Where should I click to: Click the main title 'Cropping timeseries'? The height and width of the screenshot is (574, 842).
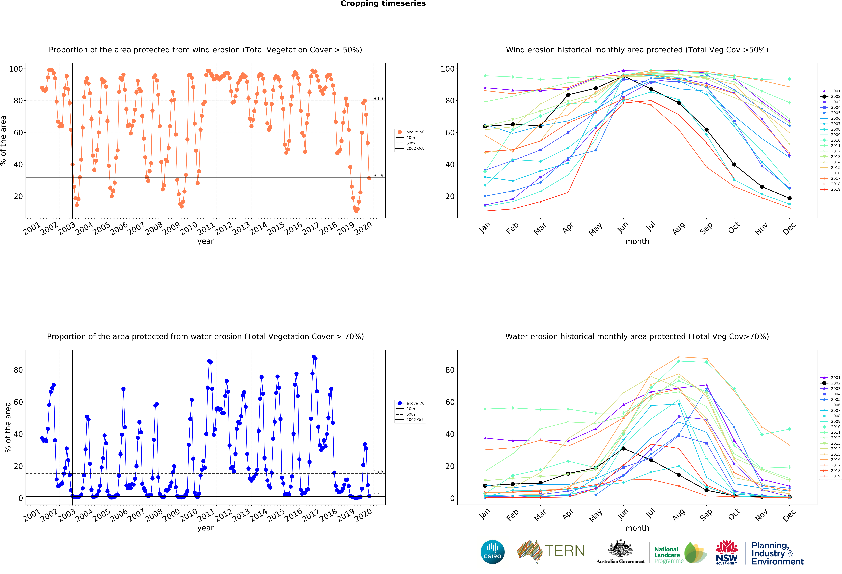tap(383, 4)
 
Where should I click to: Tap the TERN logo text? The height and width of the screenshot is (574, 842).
tap(565, 551)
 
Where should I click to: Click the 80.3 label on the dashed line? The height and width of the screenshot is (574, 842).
tap(378, 99)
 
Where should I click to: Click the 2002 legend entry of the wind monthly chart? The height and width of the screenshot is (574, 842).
tap(831, 96)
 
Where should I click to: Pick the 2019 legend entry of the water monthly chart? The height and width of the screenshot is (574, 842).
tap(831, 476)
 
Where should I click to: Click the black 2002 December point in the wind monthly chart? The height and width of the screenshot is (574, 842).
tap(789, 198)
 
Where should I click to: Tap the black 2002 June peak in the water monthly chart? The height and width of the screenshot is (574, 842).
tap(623, 449)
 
